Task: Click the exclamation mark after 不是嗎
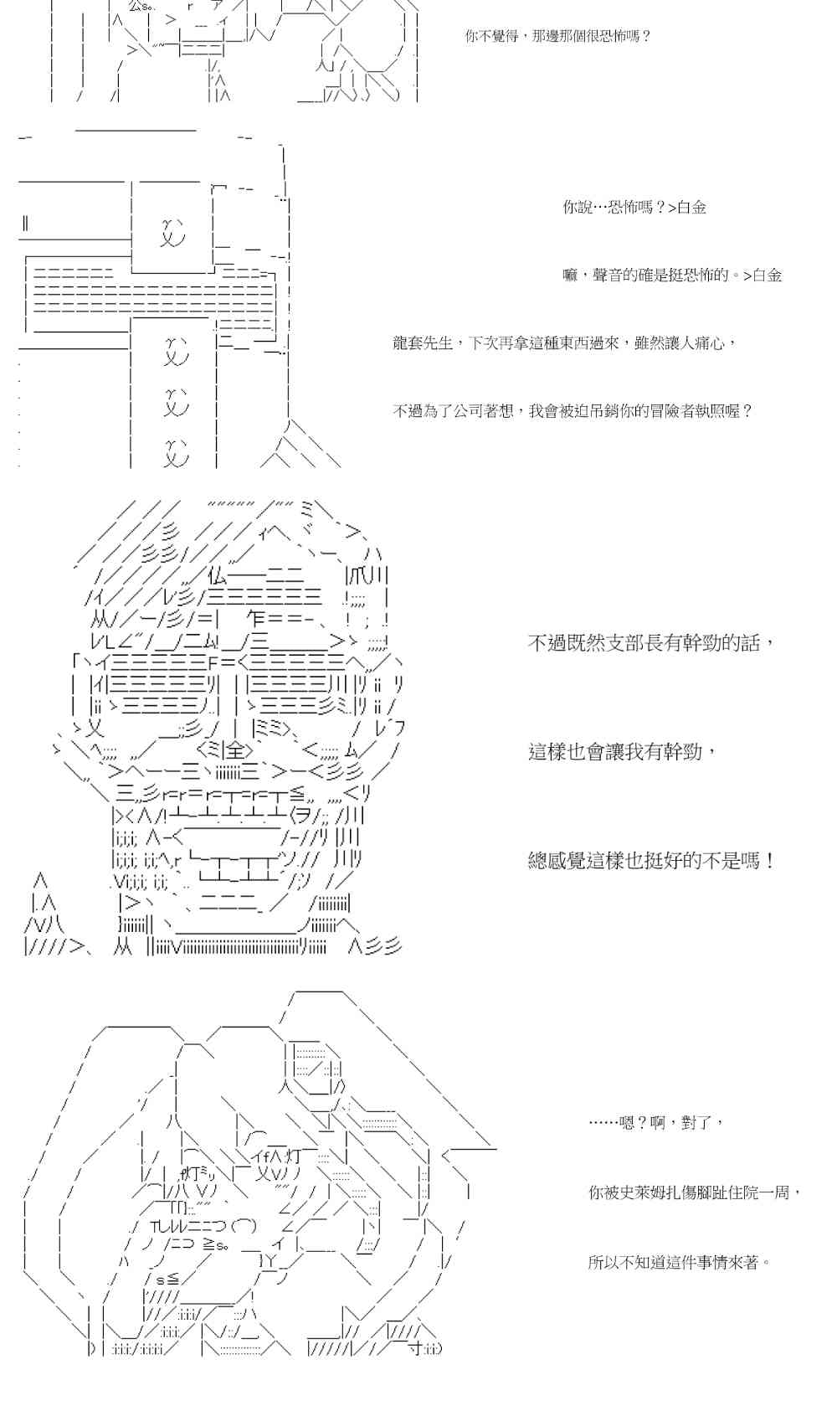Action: coord(769,861)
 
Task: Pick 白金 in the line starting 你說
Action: coord(691,208)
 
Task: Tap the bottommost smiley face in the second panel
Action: coord(175,452)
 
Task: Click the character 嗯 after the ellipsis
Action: coord(627,1123)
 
